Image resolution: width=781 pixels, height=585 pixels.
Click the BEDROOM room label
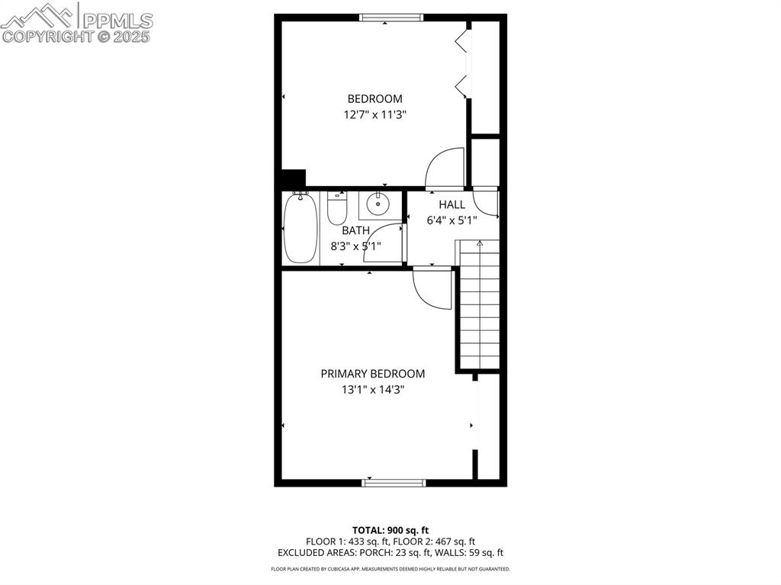coord(374,98)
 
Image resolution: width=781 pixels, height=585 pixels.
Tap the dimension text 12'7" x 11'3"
coord(374,114)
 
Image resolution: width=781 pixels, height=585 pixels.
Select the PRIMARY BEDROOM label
coord(372,374)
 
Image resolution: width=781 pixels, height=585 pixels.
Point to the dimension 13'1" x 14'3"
coord(372,390)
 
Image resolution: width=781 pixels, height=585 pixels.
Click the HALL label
coord(452,204)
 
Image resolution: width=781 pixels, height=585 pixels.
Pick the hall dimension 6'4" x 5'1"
coord(452,220)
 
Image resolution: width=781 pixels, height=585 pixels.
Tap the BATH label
coord(355,230)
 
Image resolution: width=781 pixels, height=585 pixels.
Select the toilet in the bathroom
coord(337,207)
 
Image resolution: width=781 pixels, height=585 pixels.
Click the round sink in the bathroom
coord(377,204)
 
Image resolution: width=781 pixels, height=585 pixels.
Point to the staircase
coord(479,305)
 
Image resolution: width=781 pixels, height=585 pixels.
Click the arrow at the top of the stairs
coord(480,243)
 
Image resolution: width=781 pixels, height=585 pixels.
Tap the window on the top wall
coord(391,18)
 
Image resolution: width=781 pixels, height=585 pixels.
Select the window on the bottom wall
coord(394,482)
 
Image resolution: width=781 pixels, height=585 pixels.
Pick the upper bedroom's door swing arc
coord(444,168)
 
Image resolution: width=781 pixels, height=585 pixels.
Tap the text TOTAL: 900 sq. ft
coord(390,530)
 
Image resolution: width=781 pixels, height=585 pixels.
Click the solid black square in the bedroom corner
coord(294,178)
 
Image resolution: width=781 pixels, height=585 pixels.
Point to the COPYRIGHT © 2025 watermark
coord(77,36)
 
